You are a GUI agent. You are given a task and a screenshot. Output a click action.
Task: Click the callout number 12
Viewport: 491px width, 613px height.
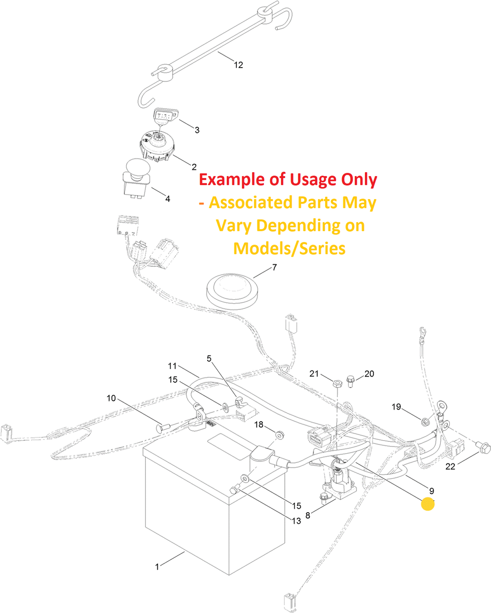(238, 65)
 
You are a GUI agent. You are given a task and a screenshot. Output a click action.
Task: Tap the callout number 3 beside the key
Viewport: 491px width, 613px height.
(197, 130)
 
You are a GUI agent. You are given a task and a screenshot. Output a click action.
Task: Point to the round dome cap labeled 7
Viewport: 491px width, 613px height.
(232, 292)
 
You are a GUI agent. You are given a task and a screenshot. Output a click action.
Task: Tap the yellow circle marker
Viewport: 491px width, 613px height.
(428, 504)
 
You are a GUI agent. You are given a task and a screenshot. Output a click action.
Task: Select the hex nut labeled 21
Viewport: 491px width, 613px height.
(337, 383)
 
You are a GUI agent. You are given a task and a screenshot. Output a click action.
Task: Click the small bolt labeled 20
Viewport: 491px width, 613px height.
(350, 381)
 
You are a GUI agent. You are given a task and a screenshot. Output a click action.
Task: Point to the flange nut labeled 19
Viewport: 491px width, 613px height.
(425, 422)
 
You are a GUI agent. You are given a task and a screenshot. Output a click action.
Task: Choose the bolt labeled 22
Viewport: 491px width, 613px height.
(484, 448)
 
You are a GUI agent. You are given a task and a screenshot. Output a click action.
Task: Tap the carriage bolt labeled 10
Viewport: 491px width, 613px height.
(163, 427)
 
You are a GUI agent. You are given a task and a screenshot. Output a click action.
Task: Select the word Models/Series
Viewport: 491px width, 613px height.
(289, 248)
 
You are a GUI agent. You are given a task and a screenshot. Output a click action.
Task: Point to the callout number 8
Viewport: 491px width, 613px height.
(307, 515)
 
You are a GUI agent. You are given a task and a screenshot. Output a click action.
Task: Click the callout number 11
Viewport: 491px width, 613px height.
(172, 366)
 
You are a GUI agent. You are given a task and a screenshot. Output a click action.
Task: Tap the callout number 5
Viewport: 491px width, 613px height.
(209, 359)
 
